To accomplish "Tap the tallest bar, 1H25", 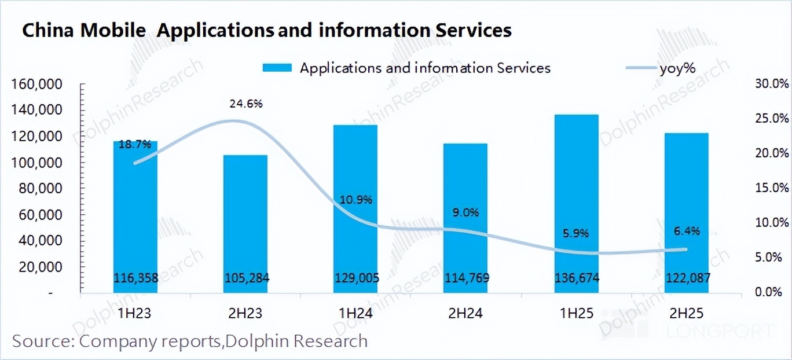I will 577,203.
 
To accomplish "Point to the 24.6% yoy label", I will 247,104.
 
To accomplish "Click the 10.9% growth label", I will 356,200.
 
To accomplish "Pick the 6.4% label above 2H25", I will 687,231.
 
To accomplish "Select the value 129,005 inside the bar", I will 356,278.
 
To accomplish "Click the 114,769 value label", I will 467,278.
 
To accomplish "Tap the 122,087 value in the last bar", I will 687,278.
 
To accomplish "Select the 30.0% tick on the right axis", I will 772,85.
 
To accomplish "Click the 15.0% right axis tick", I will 772,188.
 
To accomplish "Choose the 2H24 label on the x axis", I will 467,314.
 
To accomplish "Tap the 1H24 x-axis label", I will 356,314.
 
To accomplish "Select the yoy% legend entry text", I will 677,68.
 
